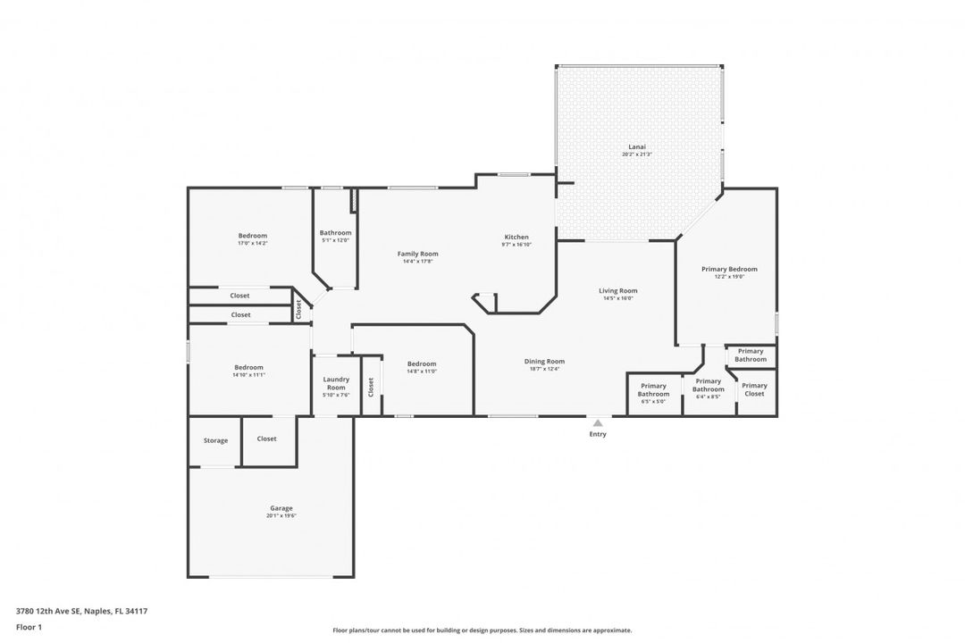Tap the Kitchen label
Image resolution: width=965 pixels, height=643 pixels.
tap(516, 237)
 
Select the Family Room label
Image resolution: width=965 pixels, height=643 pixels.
tap(417, 254)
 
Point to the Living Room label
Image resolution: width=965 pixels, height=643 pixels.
tap(617, 290)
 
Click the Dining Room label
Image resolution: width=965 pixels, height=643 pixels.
tap(544, 361)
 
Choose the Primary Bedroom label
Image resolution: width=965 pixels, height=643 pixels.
tap(729, 269)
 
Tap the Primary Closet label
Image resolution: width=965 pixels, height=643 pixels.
tap(754, 389)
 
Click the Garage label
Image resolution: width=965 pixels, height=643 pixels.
tap(281, 508)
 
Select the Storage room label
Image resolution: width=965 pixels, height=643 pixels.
tap(215, 440)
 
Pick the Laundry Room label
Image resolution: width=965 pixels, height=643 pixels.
tap(336, 383)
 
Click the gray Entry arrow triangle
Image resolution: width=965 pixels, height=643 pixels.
tap(598, 423)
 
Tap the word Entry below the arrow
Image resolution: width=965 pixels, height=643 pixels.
tap(598, 435)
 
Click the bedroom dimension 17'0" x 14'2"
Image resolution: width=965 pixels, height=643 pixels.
tap(252, 243)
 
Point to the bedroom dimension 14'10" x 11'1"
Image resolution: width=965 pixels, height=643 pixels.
tap(248, 375)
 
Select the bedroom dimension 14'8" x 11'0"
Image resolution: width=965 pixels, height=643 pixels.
tap(422, 372)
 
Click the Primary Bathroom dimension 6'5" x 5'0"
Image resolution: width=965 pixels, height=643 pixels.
tap(653, 402)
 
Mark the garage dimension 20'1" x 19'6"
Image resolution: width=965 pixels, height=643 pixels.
tap(281, 516)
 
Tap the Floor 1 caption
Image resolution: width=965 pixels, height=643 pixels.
tap(29, 627)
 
